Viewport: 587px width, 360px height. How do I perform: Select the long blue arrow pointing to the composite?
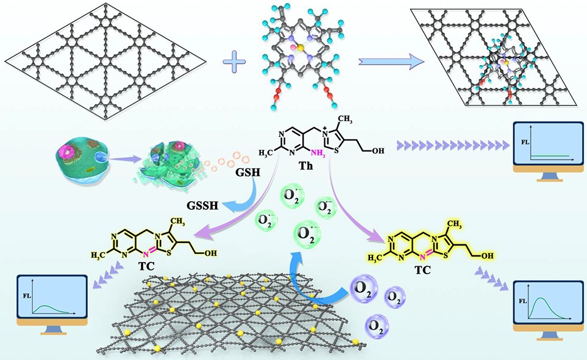point(391,61)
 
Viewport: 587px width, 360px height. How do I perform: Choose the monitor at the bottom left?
point(46,300)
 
